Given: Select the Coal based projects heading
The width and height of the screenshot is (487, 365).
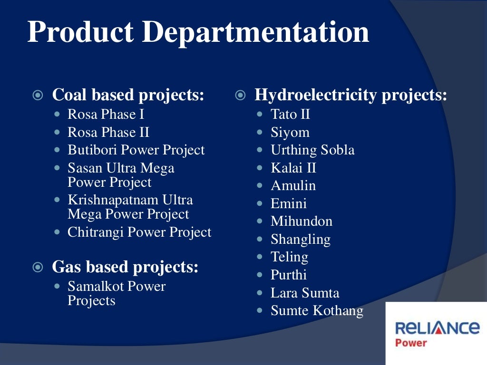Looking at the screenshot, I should [128, 95].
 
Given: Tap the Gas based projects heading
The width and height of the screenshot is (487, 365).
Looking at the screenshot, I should [125, 267].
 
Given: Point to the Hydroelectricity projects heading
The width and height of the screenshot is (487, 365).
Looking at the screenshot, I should [351, 95].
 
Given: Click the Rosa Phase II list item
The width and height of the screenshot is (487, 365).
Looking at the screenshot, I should [108, 132].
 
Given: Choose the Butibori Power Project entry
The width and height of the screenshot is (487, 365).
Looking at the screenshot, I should [136, 150].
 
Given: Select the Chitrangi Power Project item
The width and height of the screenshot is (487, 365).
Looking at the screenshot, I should [139, 232].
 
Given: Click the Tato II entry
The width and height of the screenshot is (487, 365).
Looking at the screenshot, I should [290, 115].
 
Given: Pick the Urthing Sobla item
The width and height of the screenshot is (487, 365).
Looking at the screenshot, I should [312, 150].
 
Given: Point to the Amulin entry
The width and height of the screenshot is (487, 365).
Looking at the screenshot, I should [293, 186].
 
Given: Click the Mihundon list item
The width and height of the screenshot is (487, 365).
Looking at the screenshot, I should [302, 221].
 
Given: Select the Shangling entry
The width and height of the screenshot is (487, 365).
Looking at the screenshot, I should [301, 240].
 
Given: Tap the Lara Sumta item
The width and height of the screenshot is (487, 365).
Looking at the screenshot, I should [305, 293].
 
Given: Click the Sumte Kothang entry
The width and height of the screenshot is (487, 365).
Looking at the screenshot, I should [317, 311].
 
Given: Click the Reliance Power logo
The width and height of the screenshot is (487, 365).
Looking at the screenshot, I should [437, 333].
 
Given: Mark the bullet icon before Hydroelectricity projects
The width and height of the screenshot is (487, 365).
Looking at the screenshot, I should [241, 96].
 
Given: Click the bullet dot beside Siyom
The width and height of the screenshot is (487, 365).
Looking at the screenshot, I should [260, 133].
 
